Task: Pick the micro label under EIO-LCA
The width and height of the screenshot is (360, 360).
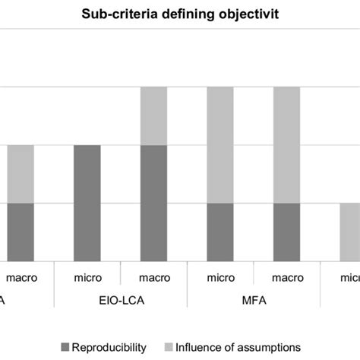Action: coord(88,277)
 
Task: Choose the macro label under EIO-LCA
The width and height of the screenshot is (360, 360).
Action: coord(155,277)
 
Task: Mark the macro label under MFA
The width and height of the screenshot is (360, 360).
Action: coord(288,277)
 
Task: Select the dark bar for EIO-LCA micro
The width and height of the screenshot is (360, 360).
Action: coord(88,204)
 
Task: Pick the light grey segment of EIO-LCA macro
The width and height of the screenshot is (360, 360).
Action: coord(155,115)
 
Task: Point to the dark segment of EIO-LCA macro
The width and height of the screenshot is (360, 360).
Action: coord(155,204)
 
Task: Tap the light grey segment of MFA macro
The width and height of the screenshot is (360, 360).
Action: coord(288,144)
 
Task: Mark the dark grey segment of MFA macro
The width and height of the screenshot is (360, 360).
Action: coord(288,232)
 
